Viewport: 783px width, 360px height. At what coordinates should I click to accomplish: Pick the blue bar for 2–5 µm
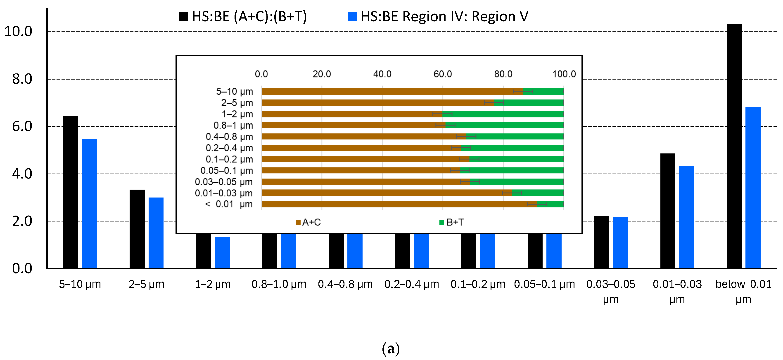click(x=156, y=232)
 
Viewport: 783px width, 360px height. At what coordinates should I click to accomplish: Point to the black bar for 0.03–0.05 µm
click(x=601, y=242)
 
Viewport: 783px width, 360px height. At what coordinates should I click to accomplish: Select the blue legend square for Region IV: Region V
click(x=352, y=17)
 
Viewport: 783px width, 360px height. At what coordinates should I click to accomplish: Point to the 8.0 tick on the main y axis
click(x=22, y=79)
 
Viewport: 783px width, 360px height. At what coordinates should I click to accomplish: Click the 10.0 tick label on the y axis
click(x=18, y=32)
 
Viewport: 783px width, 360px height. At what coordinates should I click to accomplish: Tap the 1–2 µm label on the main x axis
click(x=213, y=284)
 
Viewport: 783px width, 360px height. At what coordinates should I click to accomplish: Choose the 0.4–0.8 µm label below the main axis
click(x=345, y=284)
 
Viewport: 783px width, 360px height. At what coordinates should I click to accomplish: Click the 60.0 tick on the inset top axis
click(x=443, y=74)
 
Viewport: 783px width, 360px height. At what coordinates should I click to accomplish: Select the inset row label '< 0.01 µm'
click(x=229, y=204)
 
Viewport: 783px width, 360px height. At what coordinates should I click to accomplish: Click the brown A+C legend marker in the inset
click(x=298, y=223)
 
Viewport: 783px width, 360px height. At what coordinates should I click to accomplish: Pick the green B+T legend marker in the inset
click(x=442, y=223)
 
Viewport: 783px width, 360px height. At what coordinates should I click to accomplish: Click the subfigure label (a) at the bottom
click(x=391, y=348)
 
